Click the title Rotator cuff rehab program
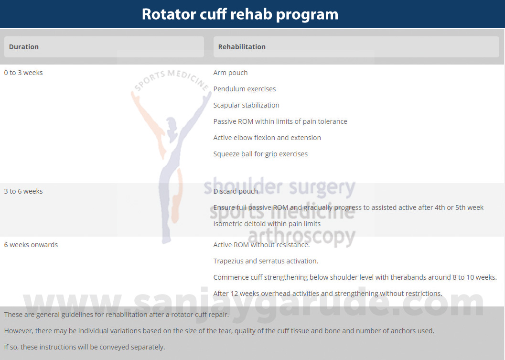point(240,14)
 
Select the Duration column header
point(24,47)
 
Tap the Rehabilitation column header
point(242,47)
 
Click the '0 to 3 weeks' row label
point(23,73)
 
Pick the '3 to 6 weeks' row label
point(23,191)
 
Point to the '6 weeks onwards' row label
point(31,245)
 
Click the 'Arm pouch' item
point(230,73)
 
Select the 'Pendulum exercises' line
point(245,89)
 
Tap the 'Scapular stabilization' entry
point(247,105)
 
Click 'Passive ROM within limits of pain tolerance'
point(280,121)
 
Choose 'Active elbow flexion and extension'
point(267,138)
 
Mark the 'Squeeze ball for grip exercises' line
point(260,154)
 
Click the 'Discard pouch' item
point(236,191)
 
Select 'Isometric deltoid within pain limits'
point(267,224)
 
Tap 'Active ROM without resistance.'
point(261,245)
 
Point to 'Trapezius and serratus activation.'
point(266,261)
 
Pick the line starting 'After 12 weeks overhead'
point(328,294)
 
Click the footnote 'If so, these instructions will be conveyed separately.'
point(85,347)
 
